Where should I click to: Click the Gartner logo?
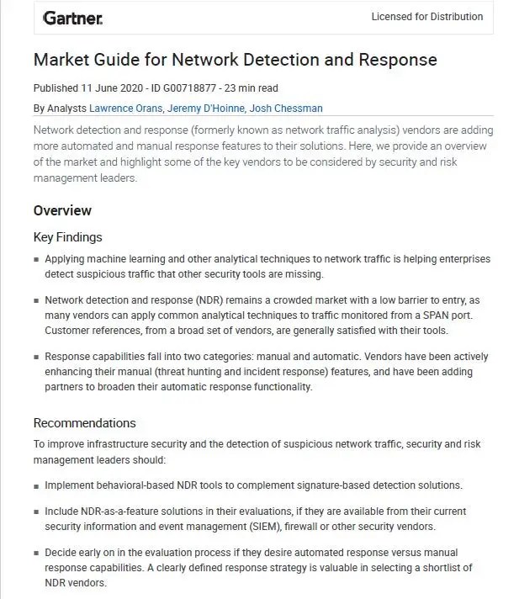(72, 17)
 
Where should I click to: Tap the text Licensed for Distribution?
(427, 17)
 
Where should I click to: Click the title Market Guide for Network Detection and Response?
(235, 60)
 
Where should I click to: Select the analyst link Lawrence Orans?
(126, 108)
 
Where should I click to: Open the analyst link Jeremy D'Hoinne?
(206, 108)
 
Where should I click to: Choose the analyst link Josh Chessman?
(287, 108)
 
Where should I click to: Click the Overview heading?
(62, 210)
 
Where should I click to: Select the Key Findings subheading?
(67, 237)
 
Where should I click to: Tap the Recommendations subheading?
(84, 423)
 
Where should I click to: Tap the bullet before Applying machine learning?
(36, 260)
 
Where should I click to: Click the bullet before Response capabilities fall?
(36, 358)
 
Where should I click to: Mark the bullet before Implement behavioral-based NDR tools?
(36, 486)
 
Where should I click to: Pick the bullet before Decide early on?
(36, 554)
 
